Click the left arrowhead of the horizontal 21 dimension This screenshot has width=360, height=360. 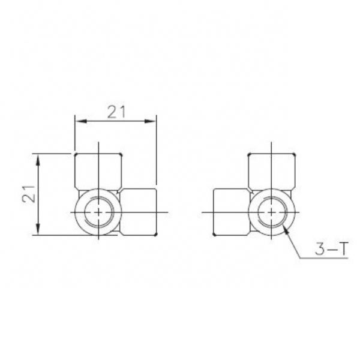(76, 122)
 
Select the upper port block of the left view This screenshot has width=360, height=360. (98, 171)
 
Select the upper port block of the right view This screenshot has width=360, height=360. (271, 171)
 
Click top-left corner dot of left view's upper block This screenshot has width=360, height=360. (74, 155)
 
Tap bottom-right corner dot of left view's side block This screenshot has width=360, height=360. (156, 235)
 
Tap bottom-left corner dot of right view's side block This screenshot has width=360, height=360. (215, 235)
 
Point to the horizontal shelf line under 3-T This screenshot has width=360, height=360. (327, 259)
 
